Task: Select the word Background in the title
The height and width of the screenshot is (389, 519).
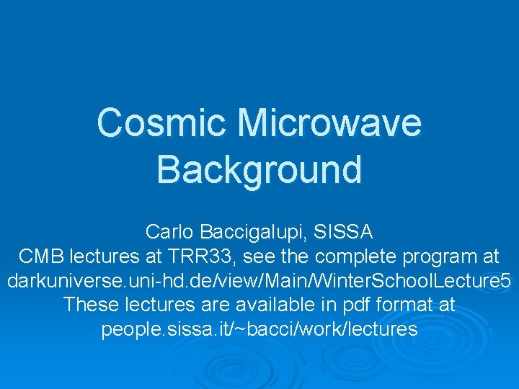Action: click(259, 170)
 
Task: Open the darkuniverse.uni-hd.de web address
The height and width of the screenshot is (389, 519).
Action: click(259, 281)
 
